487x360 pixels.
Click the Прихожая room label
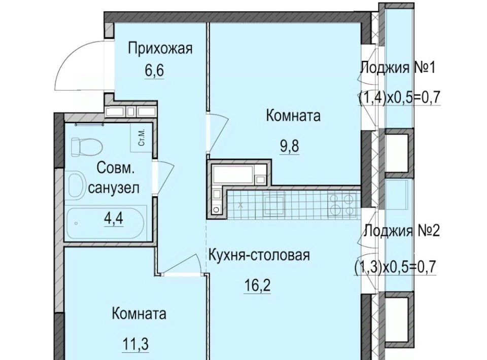161,49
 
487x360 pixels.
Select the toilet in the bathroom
86,147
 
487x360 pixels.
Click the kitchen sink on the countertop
274,204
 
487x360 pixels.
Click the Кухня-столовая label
259,256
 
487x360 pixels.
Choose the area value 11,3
135,344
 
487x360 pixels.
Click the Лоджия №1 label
397,67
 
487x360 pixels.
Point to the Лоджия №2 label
402,231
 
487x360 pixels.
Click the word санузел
114,188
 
